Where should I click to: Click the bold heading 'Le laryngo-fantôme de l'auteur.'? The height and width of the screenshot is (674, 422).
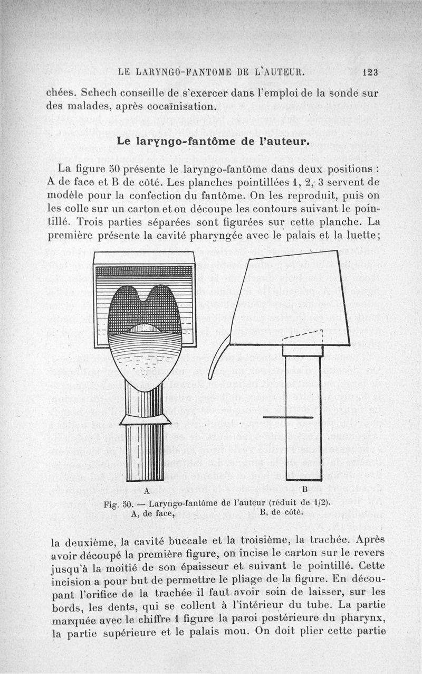point(211,142)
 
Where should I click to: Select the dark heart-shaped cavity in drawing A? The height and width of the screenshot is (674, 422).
point(143,309)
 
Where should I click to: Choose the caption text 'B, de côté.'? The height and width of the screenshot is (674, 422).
point(282,512)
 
